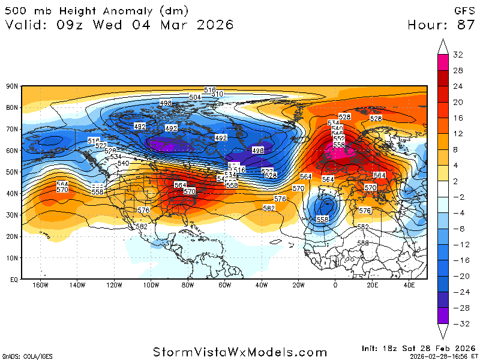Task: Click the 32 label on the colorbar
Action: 458,55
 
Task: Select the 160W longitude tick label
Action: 40,285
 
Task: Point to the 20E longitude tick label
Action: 372,285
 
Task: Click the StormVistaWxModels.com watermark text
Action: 239,352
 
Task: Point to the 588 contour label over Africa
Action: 363,242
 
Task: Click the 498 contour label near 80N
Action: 166,103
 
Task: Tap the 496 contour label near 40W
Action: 259,151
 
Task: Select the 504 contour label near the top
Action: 195,97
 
